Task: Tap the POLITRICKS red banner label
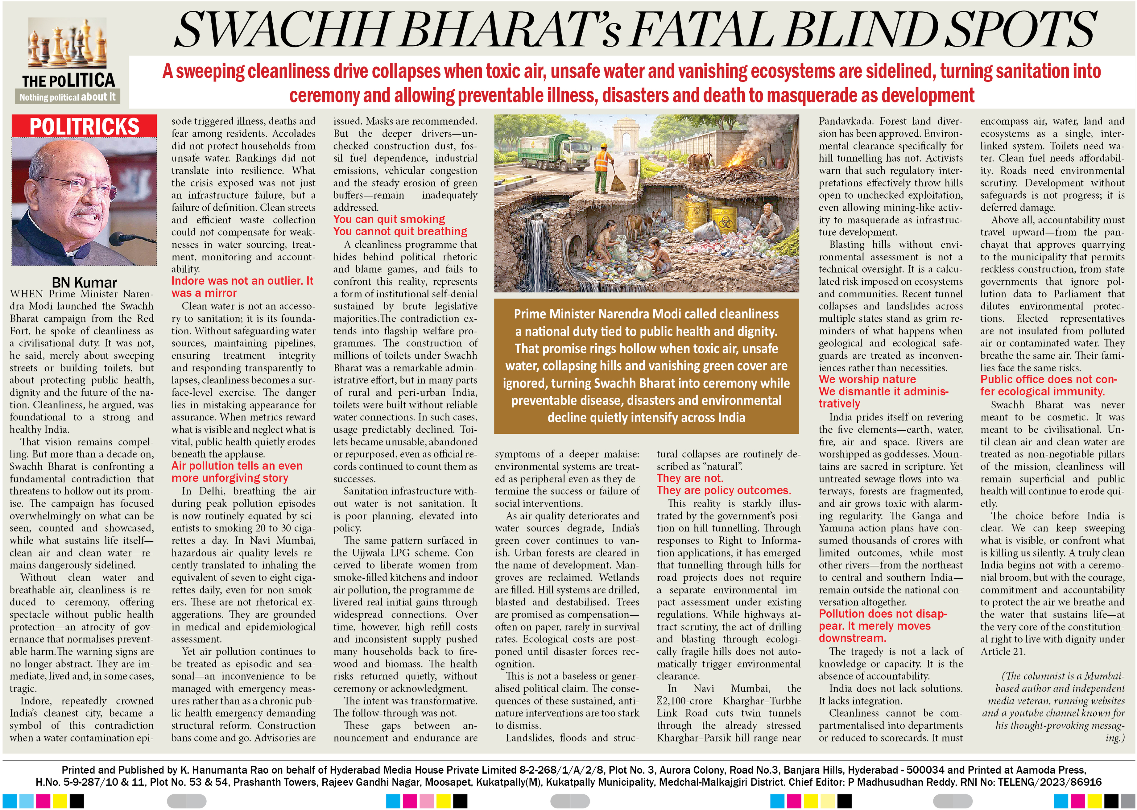pos(84,126)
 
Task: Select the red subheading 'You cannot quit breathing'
pos(400,231)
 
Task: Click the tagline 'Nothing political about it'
pos(67,97)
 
